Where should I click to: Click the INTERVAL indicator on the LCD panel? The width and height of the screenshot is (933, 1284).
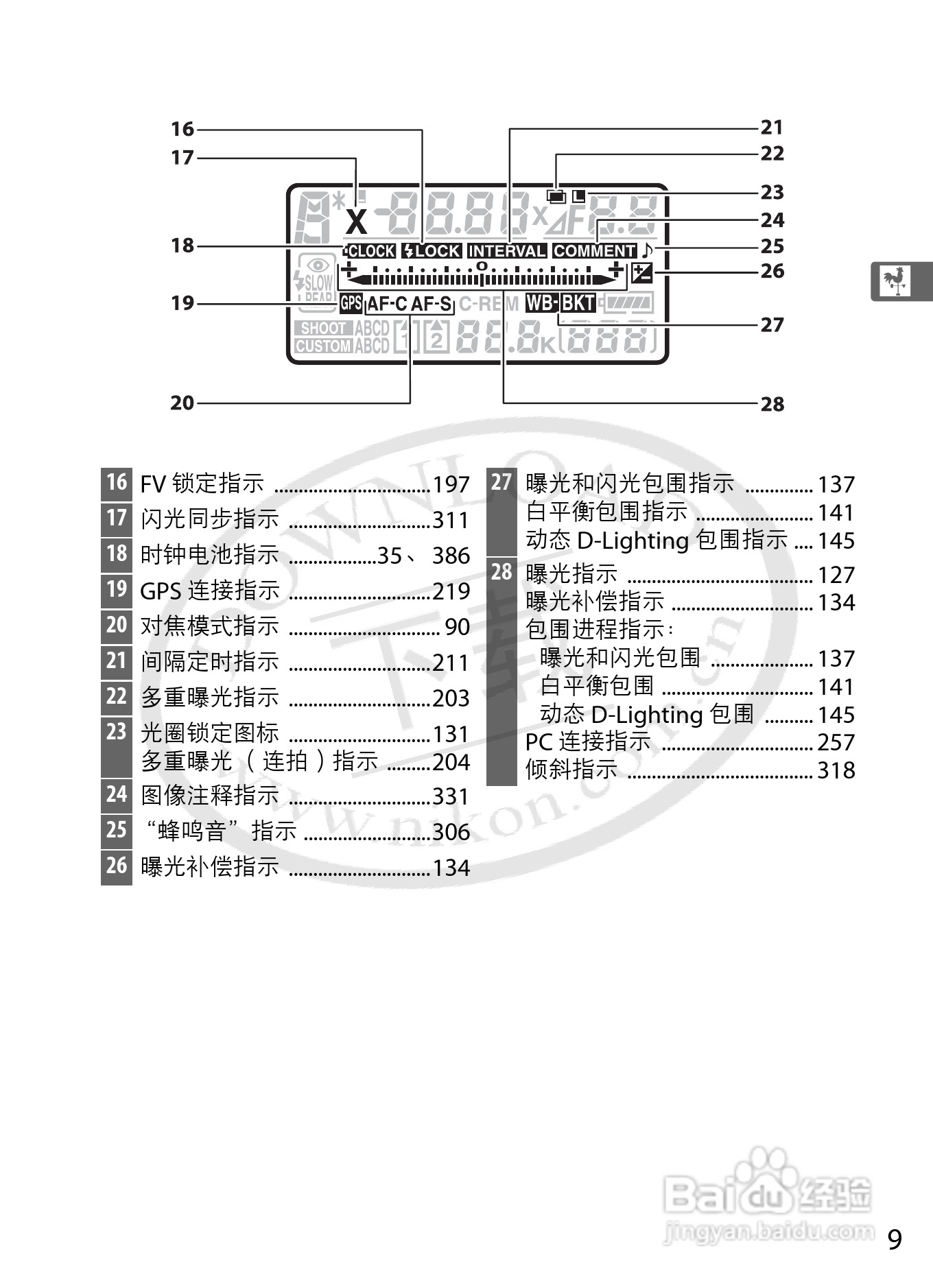coord(507,251)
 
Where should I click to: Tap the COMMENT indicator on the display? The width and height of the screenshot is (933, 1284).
coord(595,251)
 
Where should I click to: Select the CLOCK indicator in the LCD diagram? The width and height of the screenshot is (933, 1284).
coord(370,251)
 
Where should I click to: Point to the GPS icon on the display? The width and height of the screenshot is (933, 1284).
coord(351,302)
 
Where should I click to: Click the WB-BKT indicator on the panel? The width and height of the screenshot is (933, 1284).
coord(560,302)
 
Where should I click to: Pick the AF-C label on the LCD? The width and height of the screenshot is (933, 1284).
coord(388,303)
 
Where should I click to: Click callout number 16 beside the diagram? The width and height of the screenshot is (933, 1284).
coord(182,129)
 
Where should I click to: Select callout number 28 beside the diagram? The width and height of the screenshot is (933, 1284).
coord(772,404)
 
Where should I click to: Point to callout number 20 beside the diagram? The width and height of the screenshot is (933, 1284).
coord(182,403)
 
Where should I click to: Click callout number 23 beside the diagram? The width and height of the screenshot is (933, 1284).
coord(772,192)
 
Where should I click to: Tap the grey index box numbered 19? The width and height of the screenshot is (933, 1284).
coord(117,589)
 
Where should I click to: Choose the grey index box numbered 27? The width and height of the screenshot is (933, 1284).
coord(501,482)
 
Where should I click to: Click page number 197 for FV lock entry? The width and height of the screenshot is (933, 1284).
coord(451,485)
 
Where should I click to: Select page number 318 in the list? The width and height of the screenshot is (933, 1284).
coord(836,770)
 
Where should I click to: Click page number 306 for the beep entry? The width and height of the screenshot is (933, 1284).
coord(451,832)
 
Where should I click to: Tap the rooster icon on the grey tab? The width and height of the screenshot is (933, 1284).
coord(896,281)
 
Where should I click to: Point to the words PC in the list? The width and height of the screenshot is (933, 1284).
coord(539,742)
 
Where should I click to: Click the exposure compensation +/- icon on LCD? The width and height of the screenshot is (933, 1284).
coord(642,273)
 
